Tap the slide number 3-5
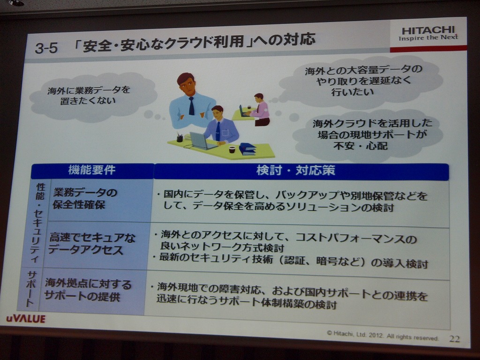coord(46,48)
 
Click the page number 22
coord(454,338)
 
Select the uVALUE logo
coord(26,319)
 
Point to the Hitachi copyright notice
coord(382,335)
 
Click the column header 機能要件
coord(92,171)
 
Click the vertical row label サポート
coord(30,289)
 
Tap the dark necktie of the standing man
coord(191,106)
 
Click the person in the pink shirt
coord(260,110)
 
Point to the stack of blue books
coord(247,149)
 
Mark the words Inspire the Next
coord(428,38)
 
